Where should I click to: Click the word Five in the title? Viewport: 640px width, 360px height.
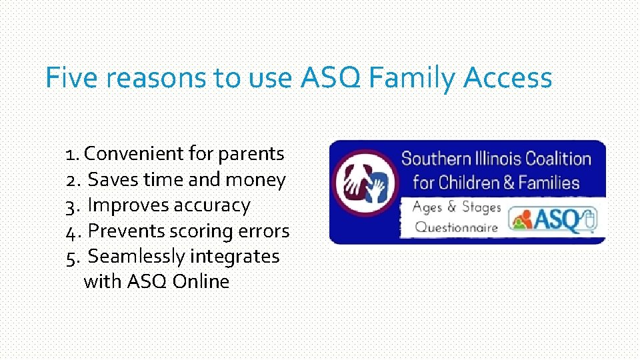[72, 78]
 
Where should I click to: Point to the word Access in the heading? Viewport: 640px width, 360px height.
[508, 78]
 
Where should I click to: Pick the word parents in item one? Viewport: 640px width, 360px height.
[251, 154]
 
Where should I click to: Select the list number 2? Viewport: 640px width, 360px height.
[73, 180]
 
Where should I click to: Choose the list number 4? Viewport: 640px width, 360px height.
[73, 231]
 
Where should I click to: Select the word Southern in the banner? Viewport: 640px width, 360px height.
[436, 159]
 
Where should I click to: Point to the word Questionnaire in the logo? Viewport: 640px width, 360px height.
[456, 227]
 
